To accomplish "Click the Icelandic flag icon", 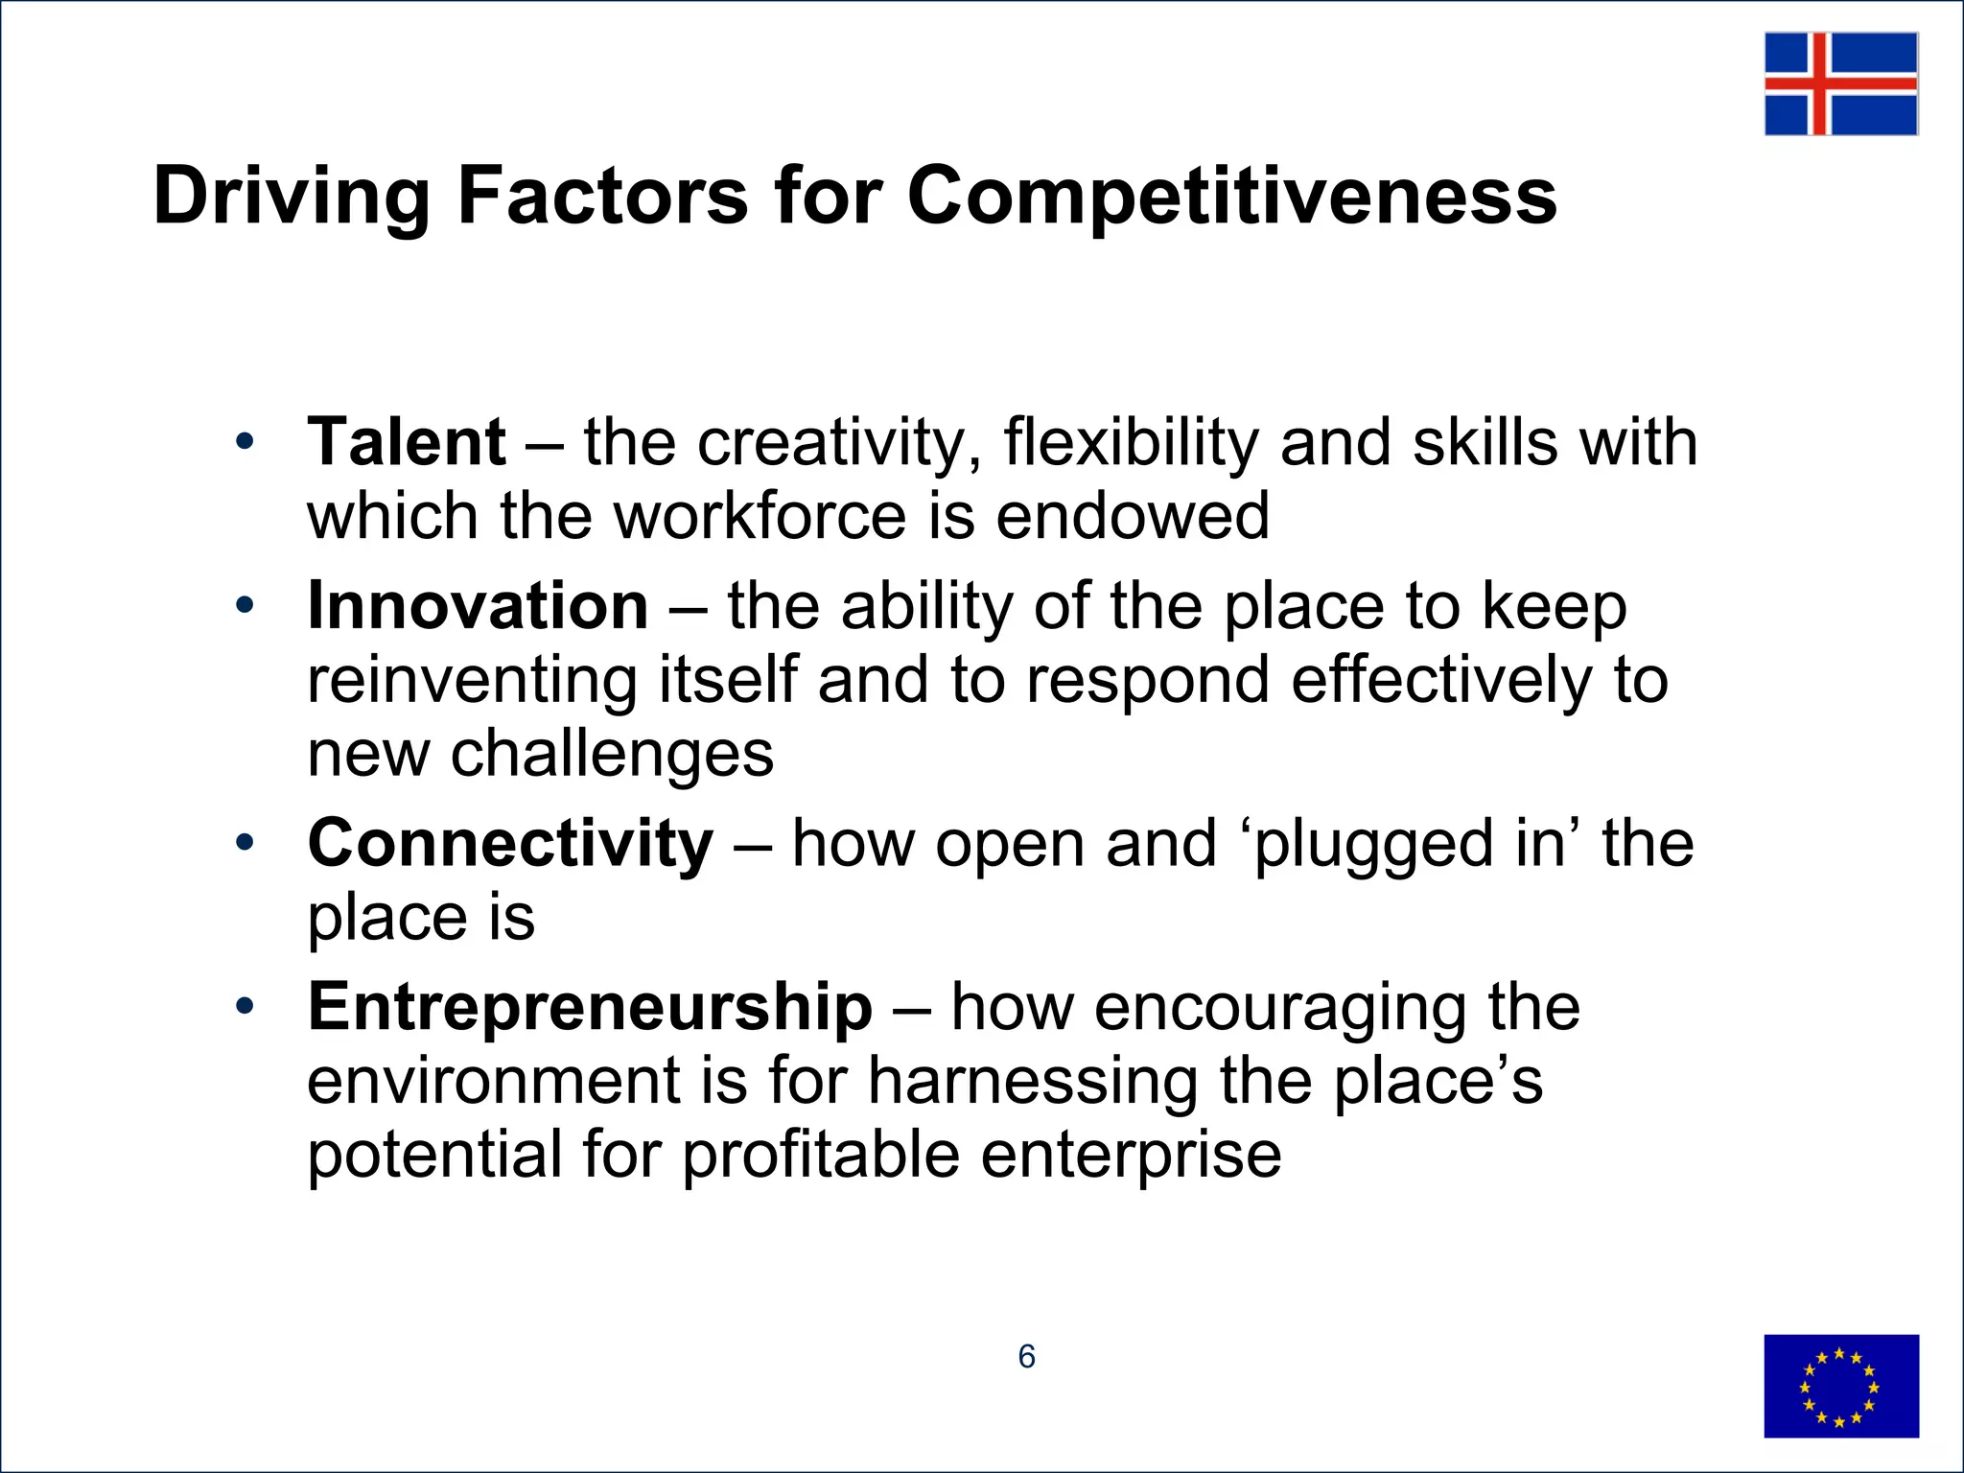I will [1840, 83].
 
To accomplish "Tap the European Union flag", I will [1840, 1386].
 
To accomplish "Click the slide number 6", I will [1026, 1356].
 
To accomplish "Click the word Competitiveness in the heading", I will [1231, 197].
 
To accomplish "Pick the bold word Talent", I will [407, 443].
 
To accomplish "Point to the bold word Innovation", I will [478, 607].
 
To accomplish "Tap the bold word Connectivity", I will [510, 844].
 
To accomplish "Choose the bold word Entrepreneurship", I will [590, 1008].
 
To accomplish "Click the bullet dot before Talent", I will [245, 442].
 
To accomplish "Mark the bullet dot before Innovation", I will [245, 606].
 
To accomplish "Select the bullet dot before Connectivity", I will [245, 843].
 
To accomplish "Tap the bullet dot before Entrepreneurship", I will [245, 1007].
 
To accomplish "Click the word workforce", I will [760, 517].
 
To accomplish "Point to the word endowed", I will [1133, 517].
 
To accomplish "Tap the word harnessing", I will [1033, 1082].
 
